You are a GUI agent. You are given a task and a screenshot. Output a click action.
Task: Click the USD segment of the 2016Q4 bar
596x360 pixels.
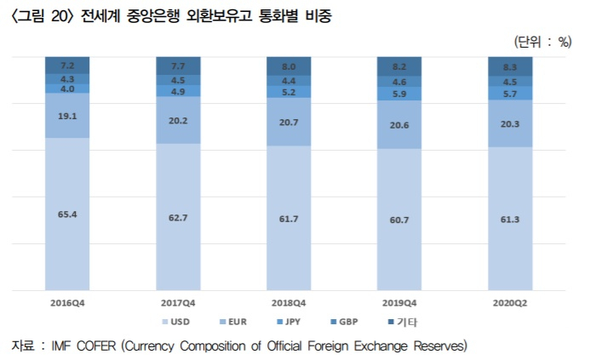(67, 214)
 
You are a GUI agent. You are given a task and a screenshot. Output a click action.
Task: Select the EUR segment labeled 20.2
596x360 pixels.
(178, 120)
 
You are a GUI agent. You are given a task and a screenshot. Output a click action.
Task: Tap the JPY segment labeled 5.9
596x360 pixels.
(399, 94)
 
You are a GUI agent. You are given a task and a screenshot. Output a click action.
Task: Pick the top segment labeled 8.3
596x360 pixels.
(510, 66)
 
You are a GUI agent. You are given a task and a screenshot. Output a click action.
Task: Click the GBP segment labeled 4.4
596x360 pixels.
(289, 81)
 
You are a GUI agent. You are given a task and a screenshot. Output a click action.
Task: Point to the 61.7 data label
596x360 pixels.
(289, 219)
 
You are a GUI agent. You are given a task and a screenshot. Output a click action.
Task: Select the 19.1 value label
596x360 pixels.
(67, 117)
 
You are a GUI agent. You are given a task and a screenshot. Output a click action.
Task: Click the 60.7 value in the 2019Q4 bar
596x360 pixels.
(399, 220)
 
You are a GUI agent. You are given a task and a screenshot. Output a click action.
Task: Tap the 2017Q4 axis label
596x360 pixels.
(178, 303)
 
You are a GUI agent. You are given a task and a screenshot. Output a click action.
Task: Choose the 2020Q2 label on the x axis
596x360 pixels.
(510, 303)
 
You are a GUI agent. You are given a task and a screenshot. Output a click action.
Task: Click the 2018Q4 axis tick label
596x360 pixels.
(289, 303)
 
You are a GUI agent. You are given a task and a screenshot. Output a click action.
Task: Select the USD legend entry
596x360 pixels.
(176, 322)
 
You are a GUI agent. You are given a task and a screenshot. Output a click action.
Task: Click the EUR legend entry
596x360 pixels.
(233, 322)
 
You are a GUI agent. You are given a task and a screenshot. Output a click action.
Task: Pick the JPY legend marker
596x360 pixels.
(280, 322)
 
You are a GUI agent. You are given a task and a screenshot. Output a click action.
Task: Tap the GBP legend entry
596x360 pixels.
(344, 322)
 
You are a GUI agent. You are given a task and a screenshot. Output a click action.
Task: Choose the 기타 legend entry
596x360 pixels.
(403, 322)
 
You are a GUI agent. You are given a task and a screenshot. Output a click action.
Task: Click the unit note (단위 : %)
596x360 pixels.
(543, 42)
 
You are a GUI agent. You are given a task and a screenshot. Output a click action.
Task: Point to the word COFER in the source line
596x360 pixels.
(96, 346)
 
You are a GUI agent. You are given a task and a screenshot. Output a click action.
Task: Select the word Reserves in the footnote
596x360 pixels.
(440, 346)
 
